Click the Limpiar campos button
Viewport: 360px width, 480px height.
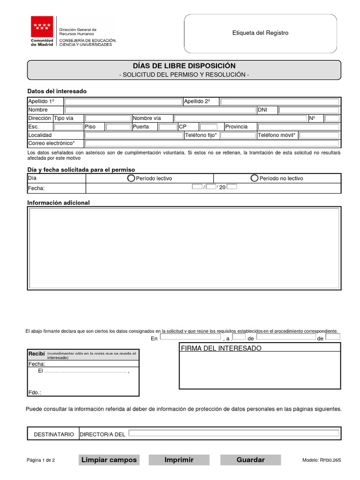pos(109,460)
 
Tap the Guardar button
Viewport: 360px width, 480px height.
pos(250,460)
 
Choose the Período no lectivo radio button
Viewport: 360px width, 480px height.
pos(254,178)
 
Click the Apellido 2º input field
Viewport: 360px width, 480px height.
pos(280,102)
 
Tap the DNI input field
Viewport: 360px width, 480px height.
pos(308,110)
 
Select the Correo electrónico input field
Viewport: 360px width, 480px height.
pos(212,143)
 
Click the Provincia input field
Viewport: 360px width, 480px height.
pos(299,127)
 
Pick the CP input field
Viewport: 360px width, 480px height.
pos(209,127)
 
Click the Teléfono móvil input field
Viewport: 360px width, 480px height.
pos(319,135)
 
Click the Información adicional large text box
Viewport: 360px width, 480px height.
pos(184,248)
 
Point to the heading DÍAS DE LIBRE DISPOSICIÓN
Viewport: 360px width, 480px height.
pos(184,66)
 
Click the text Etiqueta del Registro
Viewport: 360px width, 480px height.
pos(260,33)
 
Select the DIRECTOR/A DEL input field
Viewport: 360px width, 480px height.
pos(234,433)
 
